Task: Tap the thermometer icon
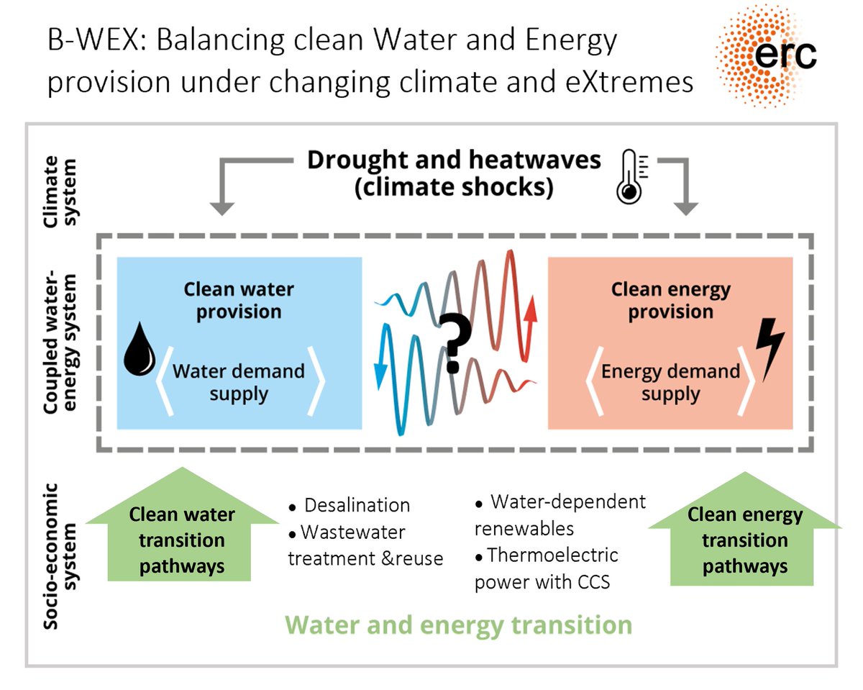[x=631, y=178]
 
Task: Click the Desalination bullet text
[x=356, y=505]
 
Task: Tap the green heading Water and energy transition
[x=459, y=624]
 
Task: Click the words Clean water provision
[x=239, y=301]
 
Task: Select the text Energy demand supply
[x=670, y=382]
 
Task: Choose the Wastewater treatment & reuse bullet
[x=365, y=545]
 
